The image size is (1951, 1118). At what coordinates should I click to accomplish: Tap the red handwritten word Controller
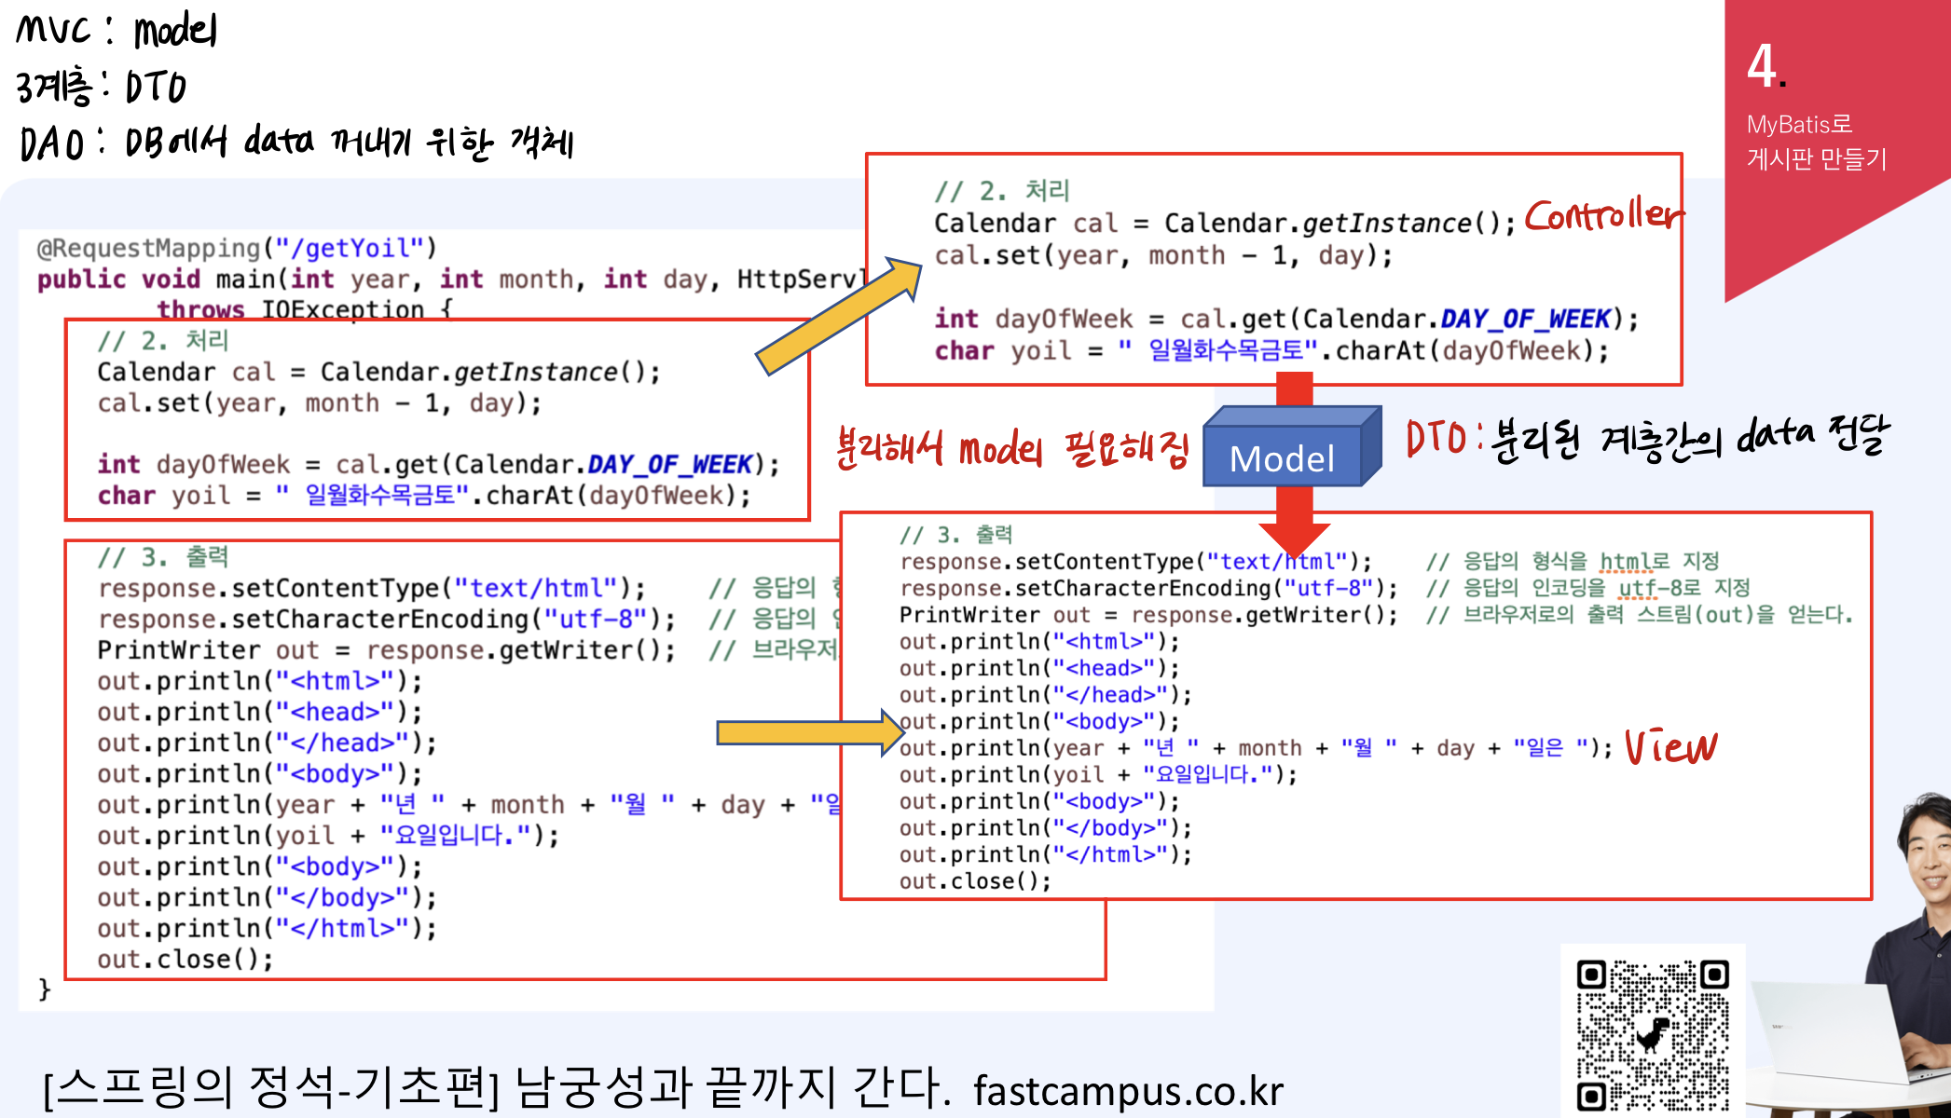point(1603,216)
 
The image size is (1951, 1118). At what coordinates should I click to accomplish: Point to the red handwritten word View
point(1670,747)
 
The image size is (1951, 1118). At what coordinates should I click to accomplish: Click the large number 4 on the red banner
point(1763,66)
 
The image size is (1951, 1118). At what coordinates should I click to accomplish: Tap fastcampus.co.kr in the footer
point(1128,1091)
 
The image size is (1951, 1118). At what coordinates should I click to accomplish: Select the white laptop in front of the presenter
point(1827,1034)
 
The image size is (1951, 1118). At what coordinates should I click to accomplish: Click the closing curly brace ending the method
point(44,988)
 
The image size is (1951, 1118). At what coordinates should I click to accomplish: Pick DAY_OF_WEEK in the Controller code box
point(1525,320)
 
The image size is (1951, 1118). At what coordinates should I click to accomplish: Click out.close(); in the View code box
point(974,881)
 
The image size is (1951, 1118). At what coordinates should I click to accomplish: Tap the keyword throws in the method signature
point(200,309)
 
